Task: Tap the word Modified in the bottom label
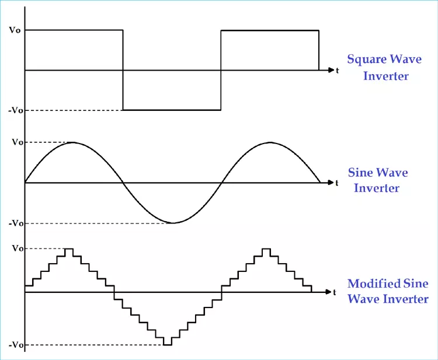coord(370,284)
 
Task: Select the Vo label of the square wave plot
coord(15,30)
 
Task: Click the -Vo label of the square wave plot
coord(16,110)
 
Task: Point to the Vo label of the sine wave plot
coord(18,142)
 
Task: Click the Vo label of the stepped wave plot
coord(18,248)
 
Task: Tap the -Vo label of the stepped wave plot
coord(16,345)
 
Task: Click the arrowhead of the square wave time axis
coord(331,70)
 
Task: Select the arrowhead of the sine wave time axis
coord(331,183)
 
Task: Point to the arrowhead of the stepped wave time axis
coord(328,292)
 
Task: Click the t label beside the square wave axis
coord(338,71)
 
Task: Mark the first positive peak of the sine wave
coord(72,142)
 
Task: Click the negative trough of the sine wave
coord(173,223)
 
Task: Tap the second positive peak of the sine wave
coord(270,142)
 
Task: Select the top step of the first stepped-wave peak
coord(69,249)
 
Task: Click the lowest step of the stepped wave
coord(168,345)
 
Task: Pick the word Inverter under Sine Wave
coord(377,188)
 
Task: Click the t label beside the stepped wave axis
coord(335,292)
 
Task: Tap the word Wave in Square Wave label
coord(406,59)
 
